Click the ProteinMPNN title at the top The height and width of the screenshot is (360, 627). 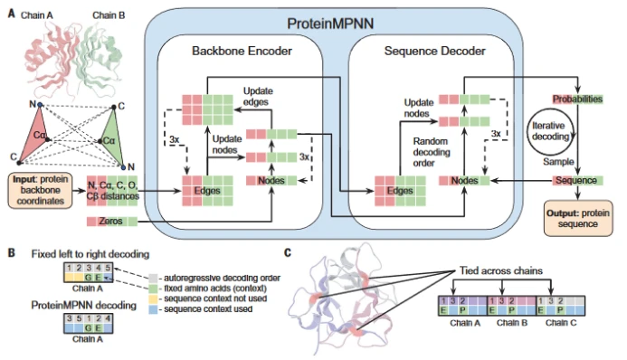tap(330, 24)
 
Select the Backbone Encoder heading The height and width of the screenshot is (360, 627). tap(242, 52)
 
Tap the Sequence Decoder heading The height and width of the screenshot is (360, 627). tap(434, 52)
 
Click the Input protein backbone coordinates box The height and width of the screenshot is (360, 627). tap(41, 190)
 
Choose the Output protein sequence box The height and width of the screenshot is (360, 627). tap(578, 219)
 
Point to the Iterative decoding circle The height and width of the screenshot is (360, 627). tap(550, 131)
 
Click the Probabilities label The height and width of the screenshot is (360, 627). tap(577, 99)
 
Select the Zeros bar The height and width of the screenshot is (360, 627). tap(112, 221)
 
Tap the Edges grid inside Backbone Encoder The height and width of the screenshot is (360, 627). tap(207, 191)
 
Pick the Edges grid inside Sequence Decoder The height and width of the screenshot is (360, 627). tap(400, 191)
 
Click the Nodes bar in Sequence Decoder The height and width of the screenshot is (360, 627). tap(464, 181)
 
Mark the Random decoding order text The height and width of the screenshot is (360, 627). tap(432, 152)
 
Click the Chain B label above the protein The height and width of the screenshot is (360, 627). tap(109, 15)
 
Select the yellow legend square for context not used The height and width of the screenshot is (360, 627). tap(153, 298)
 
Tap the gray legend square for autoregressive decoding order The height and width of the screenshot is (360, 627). tap(153, 278)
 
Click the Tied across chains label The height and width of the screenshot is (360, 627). tap(501, 270)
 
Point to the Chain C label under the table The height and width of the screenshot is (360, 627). tap(561, 323)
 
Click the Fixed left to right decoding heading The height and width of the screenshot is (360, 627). tap(90, 254)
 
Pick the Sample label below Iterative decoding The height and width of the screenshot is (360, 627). tap(558, 162)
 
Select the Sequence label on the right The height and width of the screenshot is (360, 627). tap(577, 181)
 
